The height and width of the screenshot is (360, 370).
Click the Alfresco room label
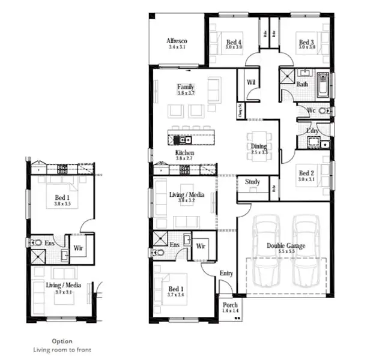coord(178,41)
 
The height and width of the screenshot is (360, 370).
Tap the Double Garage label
coord(285,245)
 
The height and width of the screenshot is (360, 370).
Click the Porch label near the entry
coord(229,305)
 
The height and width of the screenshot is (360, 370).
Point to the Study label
coord(252,182)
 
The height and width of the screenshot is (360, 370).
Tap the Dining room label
coord(258,146)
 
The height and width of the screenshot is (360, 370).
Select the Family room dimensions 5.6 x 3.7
coord(186,94)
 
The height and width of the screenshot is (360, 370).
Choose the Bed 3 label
coord(306,42)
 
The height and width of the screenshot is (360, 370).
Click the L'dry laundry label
coord(312,131)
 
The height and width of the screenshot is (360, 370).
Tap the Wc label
coord(311,111)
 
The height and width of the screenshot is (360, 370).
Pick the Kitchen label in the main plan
coord(184,154)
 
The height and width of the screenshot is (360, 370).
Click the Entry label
coord(226,274)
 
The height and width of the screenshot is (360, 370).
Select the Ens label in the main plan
coord(175,245)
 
